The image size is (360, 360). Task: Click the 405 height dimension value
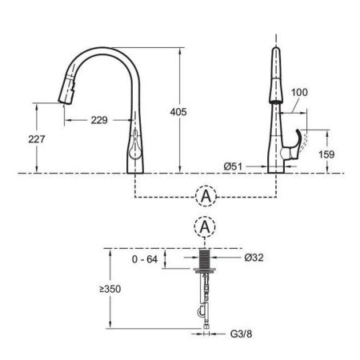178,112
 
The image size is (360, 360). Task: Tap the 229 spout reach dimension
99,120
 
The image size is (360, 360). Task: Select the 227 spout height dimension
37,139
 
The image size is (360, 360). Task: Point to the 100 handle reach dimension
299,92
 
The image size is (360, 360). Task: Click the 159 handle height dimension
326,154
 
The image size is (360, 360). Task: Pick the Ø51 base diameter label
233,166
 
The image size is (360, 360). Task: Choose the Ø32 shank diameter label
254,258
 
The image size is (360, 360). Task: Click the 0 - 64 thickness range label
145,259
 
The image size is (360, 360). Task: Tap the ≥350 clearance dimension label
110,289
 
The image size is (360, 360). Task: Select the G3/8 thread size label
241,334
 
